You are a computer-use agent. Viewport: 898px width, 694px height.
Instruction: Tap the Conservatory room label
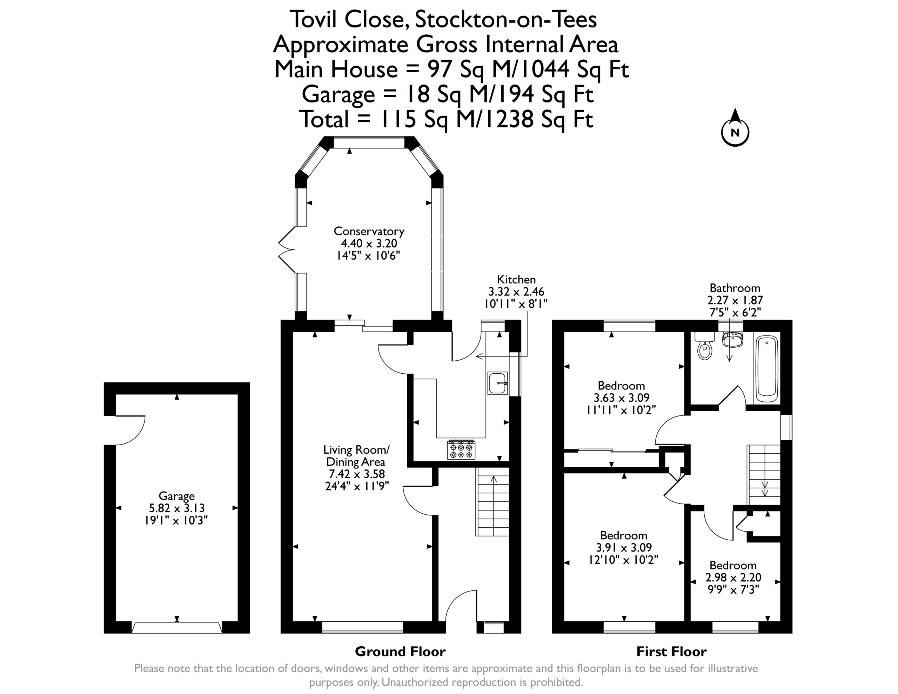(x=369, y=231)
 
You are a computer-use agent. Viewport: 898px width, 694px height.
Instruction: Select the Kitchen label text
(x=516, y=279)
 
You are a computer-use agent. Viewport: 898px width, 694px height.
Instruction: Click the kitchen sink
(x=497, y=383)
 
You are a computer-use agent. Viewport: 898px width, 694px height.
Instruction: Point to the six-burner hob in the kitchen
(x=461, y=450)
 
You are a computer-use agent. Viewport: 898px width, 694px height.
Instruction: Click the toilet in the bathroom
(x=705, y=346)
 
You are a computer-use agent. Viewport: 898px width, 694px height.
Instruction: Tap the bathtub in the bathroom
(x=767, y=369)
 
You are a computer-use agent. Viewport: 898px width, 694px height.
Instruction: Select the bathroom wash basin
(x=732, y=339)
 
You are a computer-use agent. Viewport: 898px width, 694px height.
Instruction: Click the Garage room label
(x=176, y=496)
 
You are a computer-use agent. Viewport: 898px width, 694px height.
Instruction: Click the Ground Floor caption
(x=400, y=651)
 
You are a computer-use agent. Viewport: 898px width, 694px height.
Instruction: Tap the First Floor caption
(x=671, y=651)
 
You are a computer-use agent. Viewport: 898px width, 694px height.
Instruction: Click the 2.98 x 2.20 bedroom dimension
(x=733, y=577)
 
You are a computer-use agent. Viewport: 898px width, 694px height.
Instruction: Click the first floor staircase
(x=764, y=475)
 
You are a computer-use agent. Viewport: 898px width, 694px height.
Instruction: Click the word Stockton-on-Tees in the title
(x=506, y=19)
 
